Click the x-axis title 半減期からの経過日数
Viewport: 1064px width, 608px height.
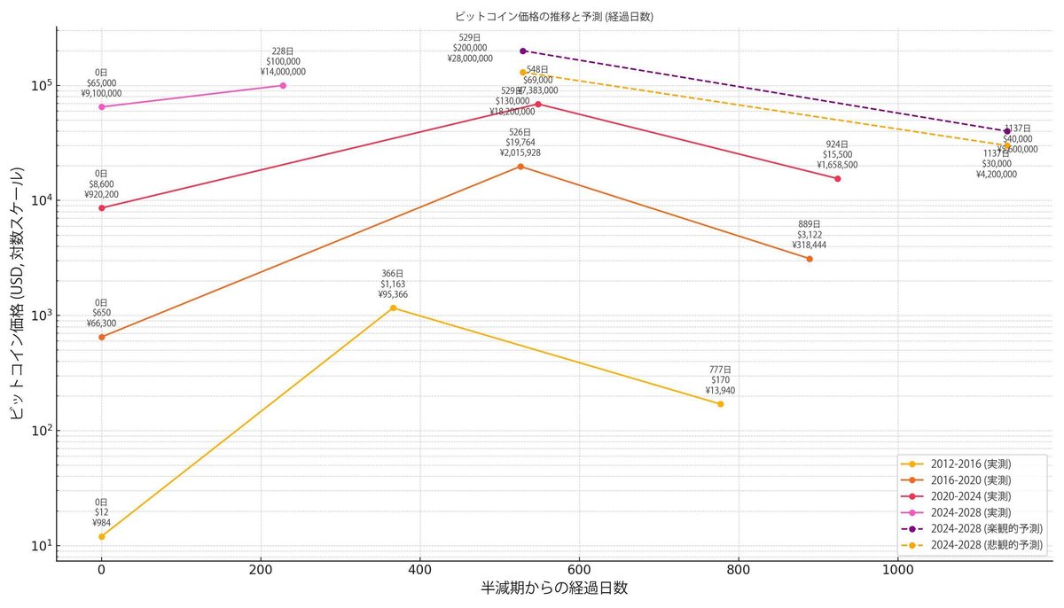pyautogui.click(x=554, y=589)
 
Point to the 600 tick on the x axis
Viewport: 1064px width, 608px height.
pyautogui.click(x=579, y=571)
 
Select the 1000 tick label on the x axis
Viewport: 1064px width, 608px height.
pyautogui.click(x=897, y=571)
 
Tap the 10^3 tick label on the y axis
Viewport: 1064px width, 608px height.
pyautogui.click(x=41, y=316)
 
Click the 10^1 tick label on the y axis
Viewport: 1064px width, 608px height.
pyautogui.click(x=41, y=545)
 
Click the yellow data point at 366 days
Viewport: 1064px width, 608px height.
pyautogui.click(x=393, y=308)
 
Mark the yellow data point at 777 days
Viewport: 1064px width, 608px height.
pyautogui.click(x=720, y=404)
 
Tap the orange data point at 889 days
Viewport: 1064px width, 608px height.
pyautogui.click(x=810, y=259)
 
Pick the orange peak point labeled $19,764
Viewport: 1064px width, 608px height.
pyautogui.click(x=520, y=167)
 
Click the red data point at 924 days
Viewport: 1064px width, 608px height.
pyautogui.click(x=837, y=179)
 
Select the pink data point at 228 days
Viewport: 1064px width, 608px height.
pyautogui.click(x=283, y=85)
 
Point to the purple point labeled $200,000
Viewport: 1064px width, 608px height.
pyautogui.click(x=523, y=51)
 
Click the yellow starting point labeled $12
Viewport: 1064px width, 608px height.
pyautogui.click(x=102, y=536)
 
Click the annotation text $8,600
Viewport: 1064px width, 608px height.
pyautogui.click(x=102, y=184)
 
